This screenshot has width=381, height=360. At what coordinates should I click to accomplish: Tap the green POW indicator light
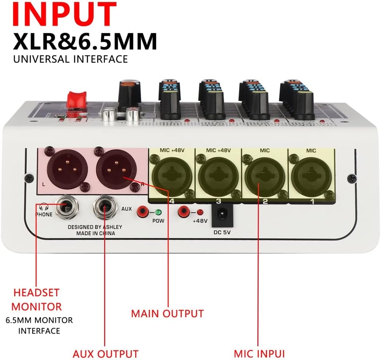pos(158,212)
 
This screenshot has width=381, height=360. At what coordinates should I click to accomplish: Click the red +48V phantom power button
pos(183,212)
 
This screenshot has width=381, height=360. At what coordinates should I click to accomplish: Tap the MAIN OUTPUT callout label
pos(167,313)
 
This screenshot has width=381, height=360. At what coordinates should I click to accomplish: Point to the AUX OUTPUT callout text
pos(105,354)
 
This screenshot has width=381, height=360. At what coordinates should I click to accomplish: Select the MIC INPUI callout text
pos(259,354)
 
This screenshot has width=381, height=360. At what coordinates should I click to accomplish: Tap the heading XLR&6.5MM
pos(85,41)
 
